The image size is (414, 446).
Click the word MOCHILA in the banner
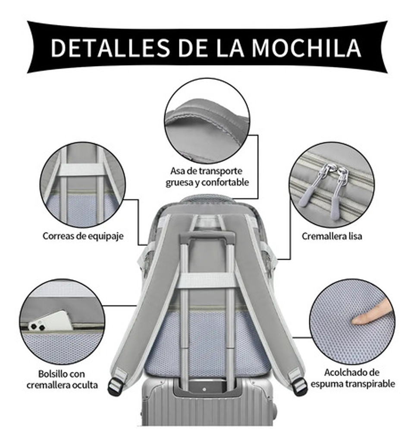[306, 48]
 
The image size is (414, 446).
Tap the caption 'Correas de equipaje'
[83, 236]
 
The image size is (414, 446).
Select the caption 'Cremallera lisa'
[332, 236]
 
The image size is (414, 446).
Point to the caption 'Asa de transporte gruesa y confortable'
[207, 176]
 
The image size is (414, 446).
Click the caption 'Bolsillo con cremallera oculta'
[62, 379]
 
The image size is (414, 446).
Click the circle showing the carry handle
[207, 121]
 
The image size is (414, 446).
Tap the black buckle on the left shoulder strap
[115, 385]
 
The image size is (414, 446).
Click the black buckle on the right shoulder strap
[299, 385]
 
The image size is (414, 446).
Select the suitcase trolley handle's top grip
[207, 236]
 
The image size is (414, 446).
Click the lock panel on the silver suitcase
[207, 389]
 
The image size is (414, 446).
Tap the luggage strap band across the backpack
[207, 281]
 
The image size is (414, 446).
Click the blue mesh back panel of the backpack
[207, 341]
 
